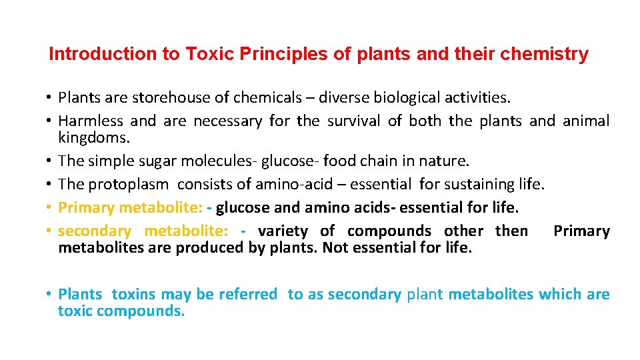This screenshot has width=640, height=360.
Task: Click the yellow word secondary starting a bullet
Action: [95, 231]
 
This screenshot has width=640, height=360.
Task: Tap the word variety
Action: [283, 231]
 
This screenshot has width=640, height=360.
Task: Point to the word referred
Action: [247, 294]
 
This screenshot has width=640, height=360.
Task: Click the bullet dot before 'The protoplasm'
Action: [50, 185]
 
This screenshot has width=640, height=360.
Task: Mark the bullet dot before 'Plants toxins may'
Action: [50, 295]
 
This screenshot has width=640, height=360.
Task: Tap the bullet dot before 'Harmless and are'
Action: [50, 121]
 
